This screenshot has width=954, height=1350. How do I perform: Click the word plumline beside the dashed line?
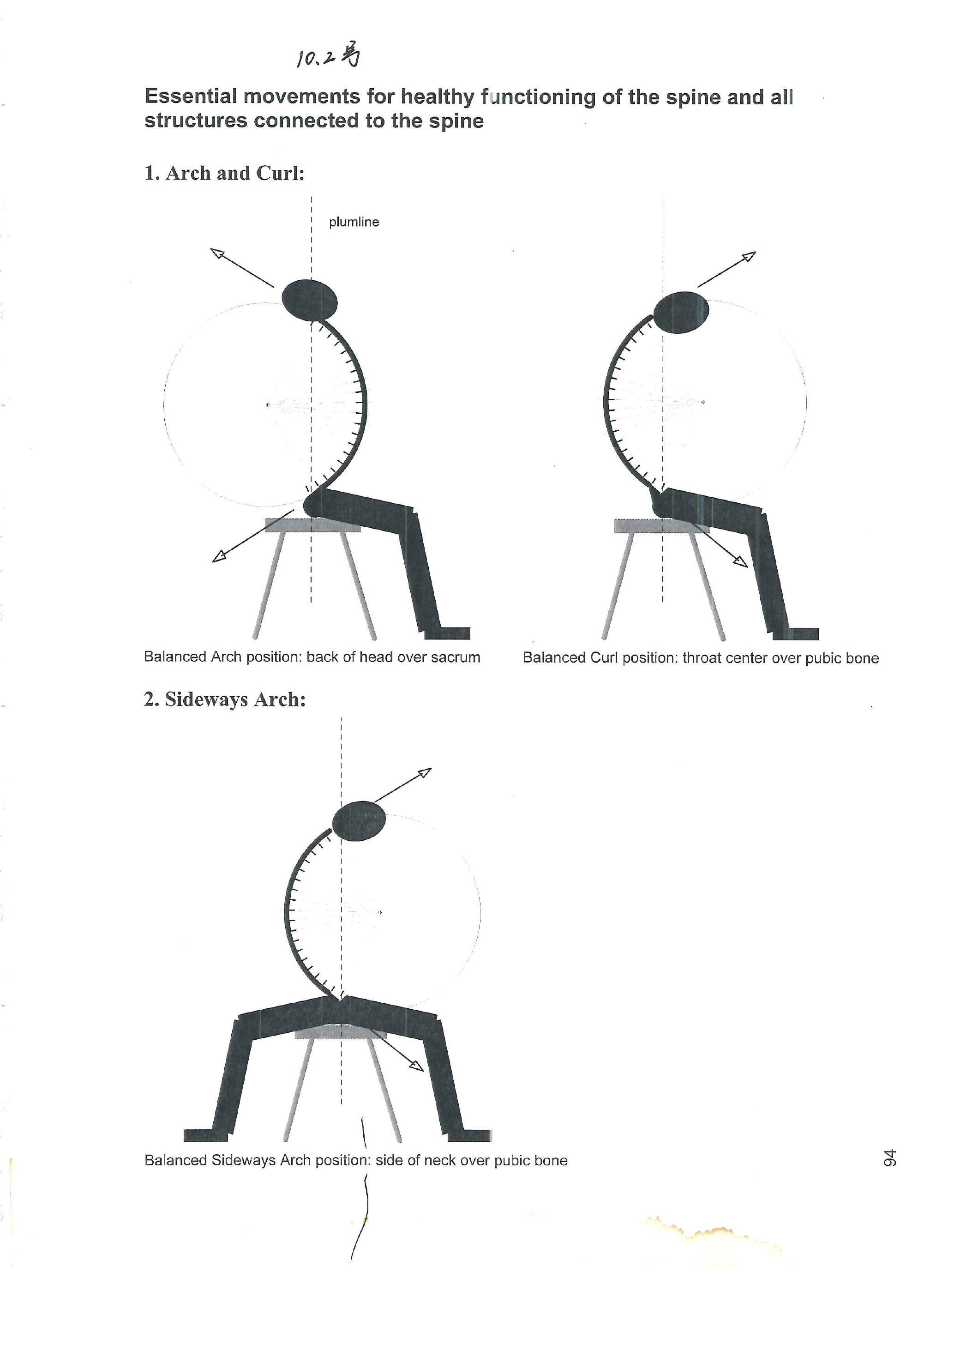click(x=354, y=222)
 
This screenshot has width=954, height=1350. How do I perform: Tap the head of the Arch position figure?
click(x=310, y=300)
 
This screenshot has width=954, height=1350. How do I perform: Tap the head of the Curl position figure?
click(x=681, y=312)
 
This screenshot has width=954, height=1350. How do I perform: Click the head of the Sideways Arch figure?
click(x=359, y=821)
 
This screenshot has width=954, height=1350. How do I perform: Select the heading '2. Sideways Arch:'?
click(x=225, y=699)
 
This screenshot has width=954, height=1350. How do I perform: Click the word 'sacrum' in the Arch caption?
click(x=456, y=657)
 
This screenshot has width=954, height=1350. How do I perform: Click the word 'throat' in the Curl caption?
click(x=702, y=658)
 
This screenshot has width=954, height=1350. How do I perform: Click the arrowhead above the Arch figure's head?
click(x=217, y=254)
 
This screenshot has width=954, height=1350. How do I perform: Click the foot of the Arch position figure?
click(x=447, y=633)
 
